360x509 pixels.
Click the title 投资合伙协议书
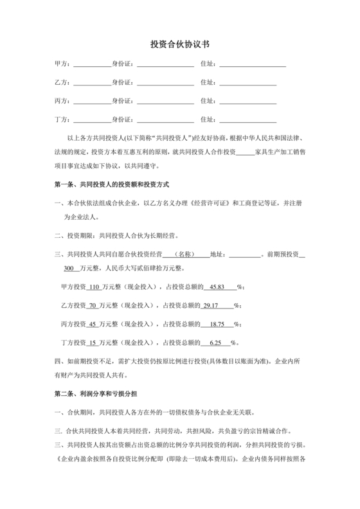coord(179,44)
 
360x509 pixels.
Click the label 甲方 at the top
coord(61,64)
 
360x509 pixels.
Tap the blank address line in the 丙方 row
coord(248,102)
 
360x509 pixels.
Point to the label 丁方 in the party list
coord(61,120)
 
